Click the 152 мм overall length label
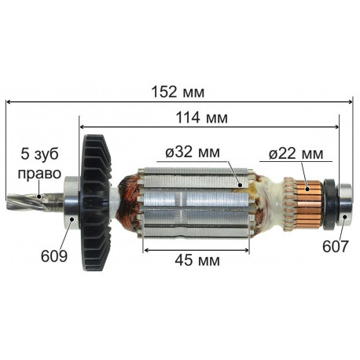(178, 92)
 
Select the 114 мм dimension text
(201, 118)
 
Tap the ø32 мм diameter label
(193, 152)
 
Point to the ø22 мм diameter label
(296, 154)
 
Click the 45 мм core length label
(197, 260)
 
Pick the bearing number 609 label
(54, 256)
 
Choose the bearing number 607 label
(336, 247)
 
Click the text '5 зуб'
(39, 154)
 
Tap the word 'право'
(39, 174)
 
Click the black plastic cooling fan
(96, 203)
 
